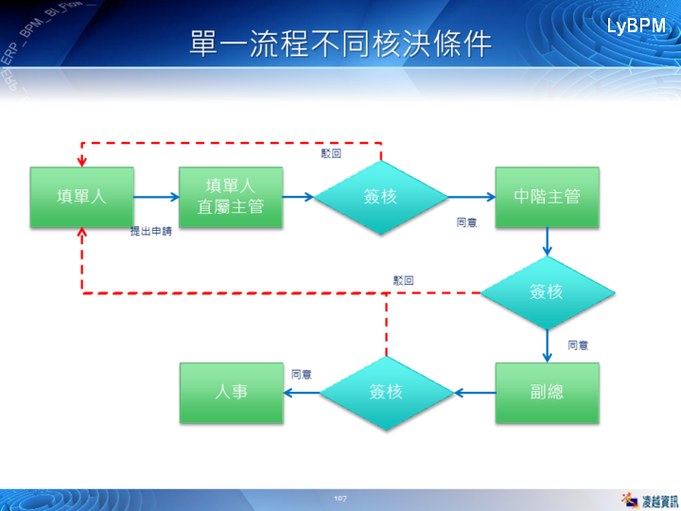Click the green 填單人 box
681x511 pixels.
[81, 197]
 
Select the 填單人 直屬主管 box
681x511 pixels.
[231, 197]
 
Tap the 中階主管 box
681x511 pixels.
[547, 197]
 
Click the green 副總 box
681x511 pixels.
[547, 392]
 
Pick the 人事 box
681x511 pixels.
[232, 392]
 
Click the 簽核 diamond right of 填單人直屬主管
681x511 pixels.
[380, 197]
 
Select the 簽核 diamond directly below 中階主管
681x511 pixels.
[547, 291]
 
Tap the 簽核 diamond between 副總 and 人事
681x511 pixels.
[386, 392]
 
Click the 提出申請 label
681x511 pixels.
[151, 231]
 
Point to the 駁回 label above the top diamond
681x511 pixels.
[331, 153]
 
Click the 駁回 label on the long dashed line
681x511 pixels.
[404, 280]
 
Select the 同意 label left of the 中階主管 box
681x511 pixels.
[466, 222]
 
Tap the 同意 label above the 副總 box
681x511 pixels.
[578, 345]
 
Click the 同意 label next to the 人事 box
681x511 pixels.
[302, 374]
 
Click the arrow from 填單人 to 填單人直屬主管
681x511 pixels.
[156, 197]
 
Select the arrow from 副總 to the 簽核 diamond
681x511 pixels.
[475, 392]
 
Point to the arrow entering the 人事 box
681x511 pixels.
[301, 392]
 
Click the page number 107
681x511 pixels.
[341, 498]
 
